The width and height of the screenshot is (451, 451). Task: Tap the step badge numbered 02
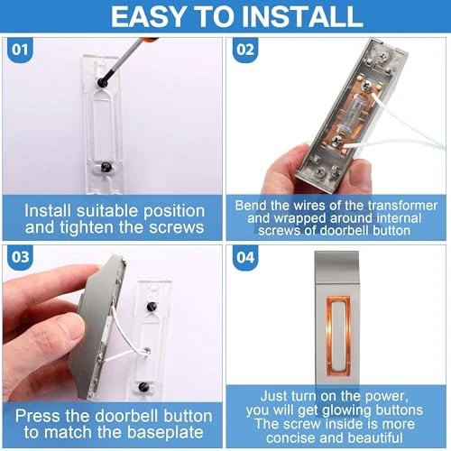point(244,50)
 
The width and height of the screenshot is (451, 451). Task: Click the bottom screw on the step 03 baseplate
point(144,388)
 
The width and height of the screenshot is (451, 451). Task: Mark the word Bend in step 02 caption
point(253,205)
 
